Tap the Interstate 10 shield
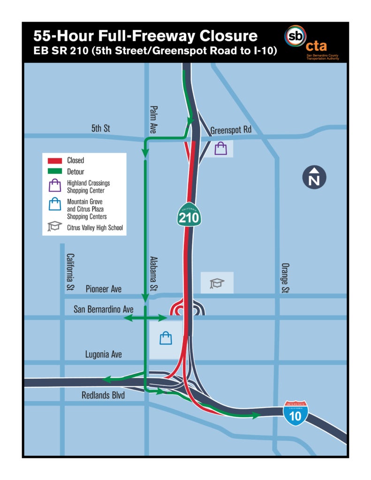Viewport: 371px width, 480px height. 296,413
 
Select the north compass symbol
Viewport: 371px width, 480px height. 314,178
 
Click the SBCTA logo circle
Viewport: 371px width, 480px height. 295,36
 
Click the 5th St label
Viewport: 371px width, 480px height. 100,128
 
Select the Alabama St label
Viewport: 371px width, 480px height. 153,274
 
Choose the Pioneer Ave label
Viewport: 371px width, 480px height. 104,289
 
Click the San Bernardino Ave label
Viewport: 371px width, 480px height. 104,309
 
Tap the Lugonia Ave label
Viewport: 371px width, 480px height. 104,354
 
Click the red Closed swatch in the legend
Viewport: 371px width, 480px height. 55,160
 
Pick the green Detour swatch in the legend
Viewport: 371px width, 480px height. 55,172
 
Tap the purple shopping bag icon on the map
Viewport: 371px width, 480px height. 220,149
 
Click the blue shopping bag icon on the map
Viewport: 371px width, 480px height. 166,338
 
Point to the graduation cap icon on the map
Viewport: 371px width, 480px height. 217,283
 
